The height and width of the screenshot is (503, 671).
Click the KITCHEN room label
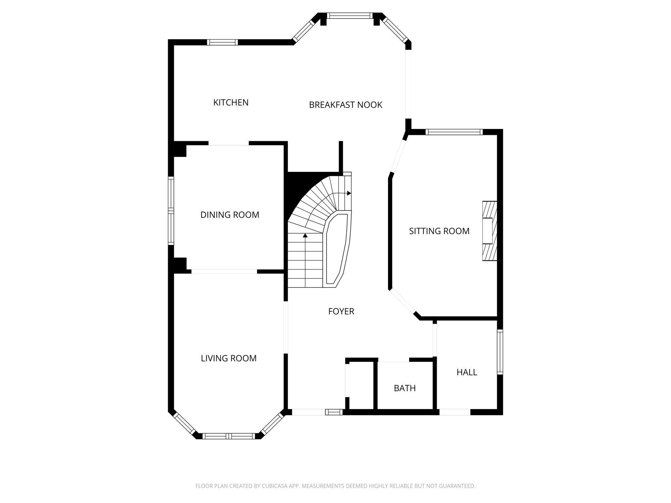pos(231,102)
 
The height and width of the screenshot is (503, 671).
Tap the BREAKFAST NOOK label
pos(345,105)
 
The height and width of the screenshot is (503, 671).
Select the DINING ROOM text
pos(230,215)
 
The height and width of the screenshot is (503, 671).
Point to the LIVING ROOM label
pos(228,358)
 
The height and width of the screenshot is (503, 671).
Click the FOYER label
pos(341,311)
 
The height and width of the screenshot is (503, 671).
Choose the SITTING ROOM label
pos(439,231)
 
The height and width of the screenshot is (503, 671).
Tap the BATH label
pos(405,388)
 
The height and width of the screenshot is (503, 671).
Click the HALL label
pos(467,372)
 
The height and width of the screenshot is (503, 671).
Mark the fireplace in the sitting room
pos(489,231)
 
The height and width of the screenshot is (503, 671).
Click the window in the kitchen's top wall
pos(222,42)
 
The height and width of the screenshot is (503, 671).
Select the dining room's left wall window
pos(171,211)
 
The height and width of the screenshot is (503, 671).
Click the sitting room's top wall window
pos(454,132)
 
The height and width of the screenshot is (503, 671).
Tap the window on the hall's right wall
pos(500,352)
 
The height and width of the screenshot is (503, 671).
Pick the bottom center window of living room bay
pos(228,436)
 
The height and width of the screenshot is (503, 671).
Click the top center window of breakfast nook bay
pos(350,15)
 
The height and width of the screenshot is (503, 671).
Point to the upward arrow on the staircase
pos(305,235)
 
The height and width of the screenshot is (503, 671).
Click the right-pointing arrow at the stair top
pos(349,193)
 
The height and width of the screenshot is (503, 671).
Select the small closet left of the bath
pos(361,385)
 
